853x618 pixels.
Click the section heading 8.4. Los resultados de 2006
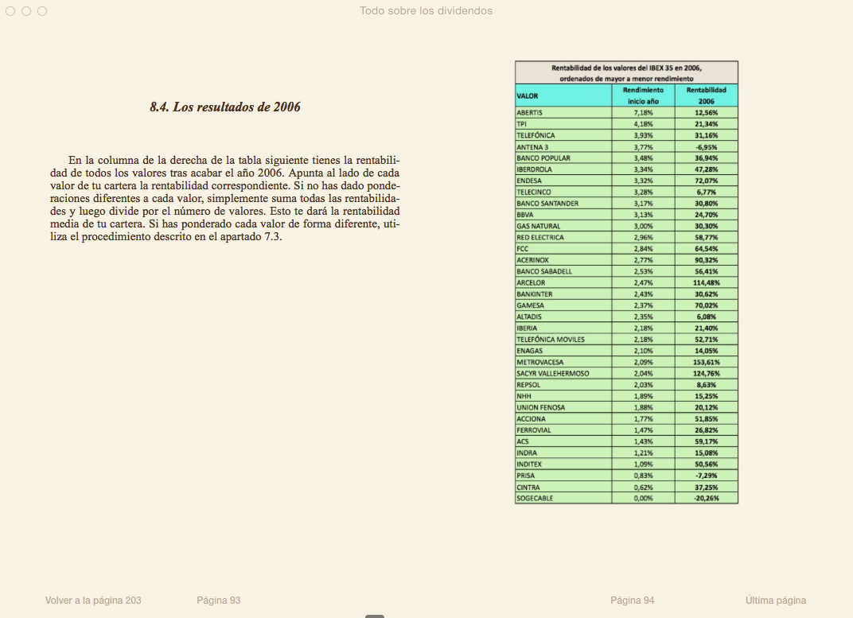[225, 107]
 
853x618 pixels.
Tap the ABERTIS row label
[530, 113]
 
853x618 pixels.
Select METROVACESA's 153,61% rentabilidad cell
[706, 362]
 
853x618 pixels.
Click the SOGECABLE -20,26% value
[706, 498]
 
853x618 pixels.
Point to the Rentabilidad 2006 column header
[706, 95]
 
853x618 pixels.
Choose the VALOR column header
[528, 95]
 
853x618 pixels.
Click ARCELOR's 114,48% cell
[706, 282]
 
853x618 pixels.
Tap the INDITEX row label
[531, 464]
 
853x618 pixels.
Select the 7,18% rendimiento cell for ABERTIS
[642, 113]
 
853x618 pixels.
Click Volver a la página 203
[93, 601]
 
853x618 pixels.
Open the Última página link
[776, 601]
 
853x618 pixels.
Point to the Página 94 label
[632, 601]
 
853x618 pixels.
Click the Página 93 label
[218, 601]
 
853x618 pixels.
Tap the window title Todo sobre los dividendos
[426, 11]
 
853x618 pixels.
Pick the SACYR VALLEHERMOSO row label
[552, 373]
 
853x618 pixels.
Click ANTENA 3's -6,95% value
[706, 146]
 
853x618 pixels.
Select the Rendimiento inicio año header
[642, 95]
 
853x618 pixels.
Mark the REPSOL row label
[528, 385]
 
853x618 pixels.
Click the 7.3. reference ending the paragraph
[272, 238]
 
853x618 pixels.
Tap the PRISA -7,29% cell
[706, 476]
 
